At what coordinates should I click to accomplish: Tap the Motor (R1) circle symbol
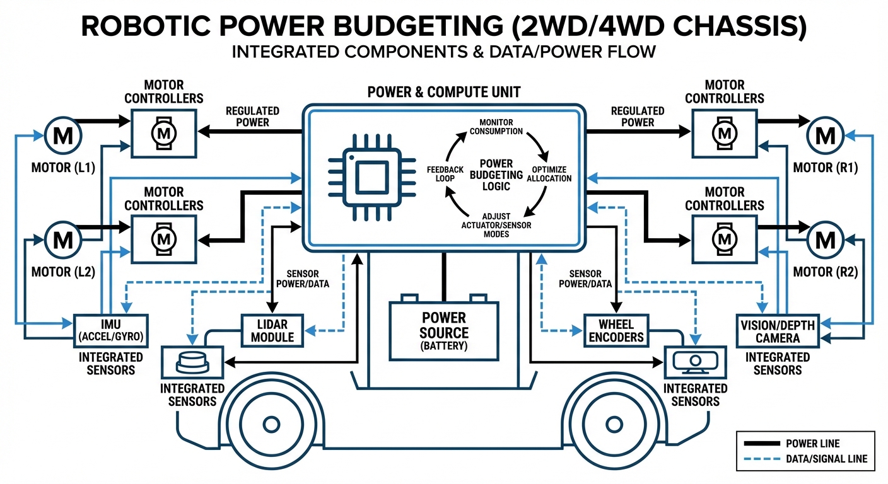pyautogui.click(x=825, y=134)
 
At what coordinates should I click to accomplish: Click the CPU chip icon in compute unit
pyautogui.click(x=365, y=175)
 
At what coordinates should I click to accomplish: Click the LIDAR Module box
pyautogui.click(x=272, y=330)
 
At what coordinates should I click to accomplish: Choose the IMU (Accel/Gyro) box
pyautogui.click(x=110, y=330)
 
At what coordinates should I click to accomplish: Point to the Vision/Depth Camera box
pyautogui.click(x=777, y=331)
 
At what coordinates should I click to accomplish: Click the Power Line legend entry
pyautogui.click(x=805, y=444)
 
